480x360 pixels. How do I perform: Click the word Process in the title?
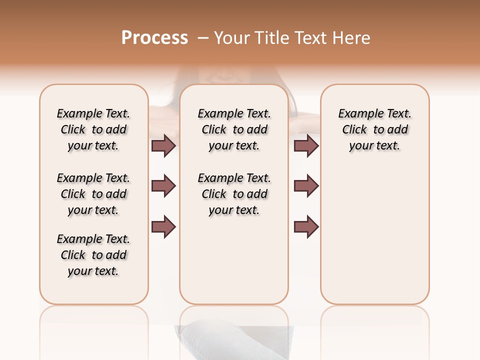154,38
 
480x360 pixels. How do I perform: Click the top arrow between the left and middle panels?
163,145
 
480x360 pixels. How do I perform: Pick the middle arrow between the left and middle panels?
163,186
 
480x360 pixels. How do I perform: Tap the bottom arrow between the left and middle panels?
163,227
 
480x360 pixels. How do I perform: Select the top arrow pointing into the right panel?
306,145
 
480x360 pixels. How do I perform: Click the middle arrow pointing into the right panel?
306,186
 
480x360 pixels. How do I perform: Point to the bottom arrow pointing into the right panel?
306,227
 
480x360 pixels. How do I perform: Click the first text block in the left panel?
93,129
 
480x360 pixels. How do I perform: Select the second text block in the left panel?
93,194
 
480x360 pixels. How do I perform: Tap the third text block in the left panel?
93,255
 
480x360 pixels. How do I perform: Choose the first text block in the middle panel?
234,129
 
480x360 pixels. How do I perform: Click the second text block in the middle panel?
234,194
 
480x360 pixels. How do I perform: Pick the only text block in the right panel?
374,129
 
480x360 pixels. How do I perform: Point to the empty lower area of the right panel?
374,235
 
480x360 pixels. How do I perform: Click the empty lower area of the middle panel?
234,260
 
